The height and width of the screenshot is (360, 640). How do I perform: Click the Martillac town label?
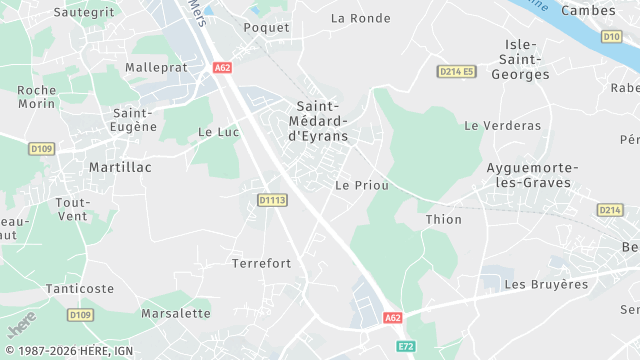[120, 167]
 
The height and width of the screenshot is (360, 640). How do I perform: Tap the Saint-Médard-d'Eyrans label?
[319, 120]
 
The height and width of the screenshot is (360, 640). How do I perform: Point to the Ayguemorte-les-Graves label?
[528, 175]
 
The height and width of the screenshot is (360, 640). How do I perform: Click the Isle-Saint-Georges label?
[521, 59]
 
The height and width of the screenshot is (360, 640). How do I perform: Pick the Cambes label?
[588, 10]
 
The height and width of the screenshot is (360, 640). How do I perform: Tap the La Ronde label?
[360, 18]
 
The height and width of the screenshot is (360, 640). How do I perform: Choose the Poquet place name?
[266, 28]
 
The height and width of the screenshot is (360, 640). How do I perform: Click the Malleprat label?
[156, 67]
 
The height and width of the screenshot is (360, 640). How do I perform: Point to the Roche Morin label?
[37, 97]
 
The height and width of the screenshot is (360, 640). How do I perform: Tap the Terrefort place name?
[261, 263]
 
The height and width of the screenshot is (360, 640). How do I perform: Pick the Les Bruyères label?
[546, 284]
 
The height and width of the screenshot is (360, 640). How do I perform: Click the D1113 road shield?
[272, 200]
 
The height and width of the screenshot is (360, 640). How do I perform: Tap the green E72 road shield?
[405, 346]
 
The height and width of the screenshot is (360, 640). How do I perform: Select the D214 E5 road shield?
[457, 71]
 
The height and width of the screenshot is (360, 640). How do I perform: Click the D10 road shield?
[612, 36]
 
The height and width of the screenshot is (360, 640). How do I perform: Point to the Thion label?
[443, 219]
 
